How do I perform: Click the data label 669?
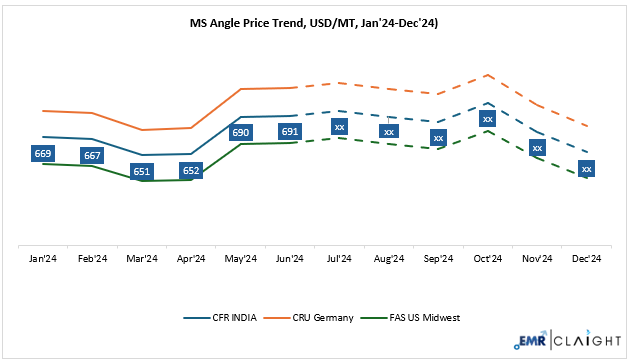(x=43, y=153)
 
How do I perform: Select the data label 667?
(x=92, y=156)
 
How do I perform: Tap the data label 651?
(x=142, y=171)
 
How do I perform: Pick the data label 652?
(x=191, y=171)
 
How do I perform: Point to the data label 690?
(x=241, y=132)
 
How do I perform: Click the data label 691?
(x=290, y=131)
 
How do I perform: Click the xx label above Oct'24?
(x=488, y=119)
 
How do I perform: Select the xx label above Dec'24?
(x=587, y=169)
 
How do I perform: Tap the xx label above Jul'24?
(x=340, y=127)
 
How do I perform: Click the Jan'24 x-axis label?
(x=43, y=259)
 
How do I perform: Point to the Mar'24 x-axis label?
(x=142, y=259)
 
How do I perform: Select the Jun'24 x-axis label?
(x=290, y=259)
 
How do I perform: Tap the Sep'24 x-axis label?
(x=438, y=259)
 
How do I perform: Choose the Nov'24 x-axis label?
(x=537, y=259)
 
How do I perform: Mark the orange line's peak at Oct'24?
(x=488, y=75)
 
